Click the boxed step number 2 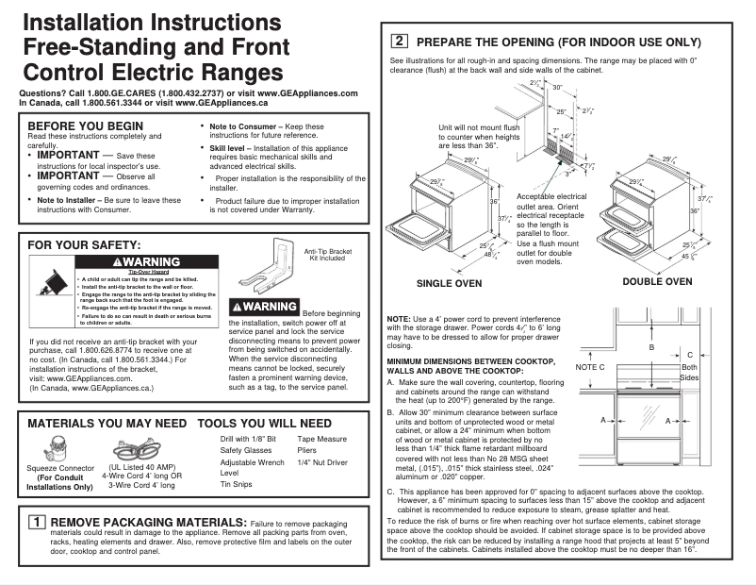tap(400, 42)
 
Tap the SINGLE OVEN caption tap(449, 283)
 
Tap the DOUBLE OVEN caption tap(657, 281)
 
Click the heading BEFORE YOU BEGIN tap(86, 125)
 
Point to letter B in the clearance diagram tap(650, 347)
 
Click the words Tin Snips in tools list tap(238, 484)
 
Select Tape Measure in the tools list tap(322, 440)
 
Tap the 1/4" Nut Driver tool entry tap(322, 462)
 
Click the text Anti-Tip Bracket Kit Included tap(326, 255)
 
